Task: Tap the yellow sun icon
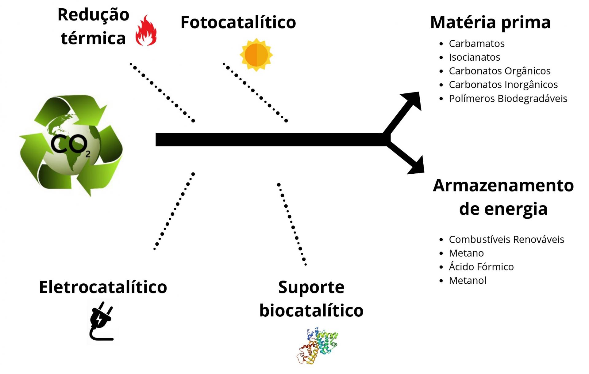pos(256,55)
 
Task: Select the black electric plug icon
pos(101,321)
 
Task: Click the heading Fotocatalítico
pos(238,22)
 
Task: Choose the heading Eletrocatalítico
pos(103,287)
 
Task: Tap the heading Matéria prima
pos(490,22)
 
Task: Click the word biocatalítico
pos(311,310)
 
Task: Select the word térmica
pos(93,39)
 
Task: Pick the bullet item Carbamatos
pos(476,44)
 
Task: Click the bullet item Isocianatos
pos(474,57)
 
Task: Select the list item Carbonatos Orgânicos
pos(499,71)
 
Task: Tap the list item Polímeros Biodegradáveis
pos(508,99)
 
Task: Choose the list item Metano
pos(466,253)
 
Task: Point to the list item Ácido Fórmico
pos(481,267)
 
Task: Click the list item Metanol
pos(467,281)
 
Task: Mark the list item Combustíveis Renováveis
pos(506,240)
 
